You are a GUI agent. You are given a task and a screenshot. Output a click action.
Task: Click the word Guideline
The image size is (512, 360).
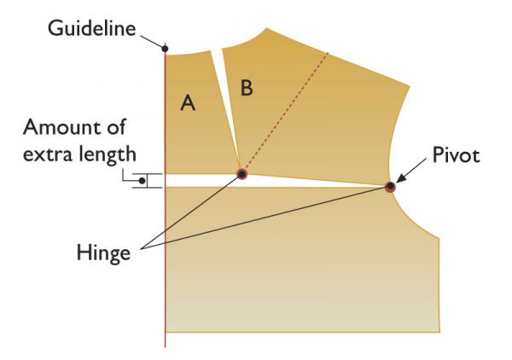coord(92,28)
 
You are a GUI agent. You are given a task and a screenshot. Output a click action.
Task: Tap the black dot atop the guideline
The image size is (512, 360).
coord(165,49)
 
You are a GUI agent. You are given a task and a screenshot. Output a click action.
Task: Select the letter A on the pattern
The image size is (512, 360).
coord(188,102)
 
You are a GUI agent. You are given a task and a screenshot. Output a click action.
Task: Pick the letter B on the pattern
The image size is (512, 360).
coord(247,88)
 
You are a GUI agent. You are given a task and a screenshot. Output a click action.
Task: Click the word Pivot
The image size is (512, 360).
coord(456,155)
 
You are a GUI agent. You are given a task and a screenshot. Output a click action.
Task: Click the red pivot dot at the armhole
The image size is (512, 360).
coord(390,187)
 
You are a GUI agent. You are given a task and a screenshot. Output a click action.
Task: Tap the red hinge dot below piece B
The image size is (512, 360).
coord(241,174)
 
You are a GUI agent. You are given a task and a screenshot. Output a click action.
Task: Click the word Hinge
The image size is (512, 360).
coord(103,253)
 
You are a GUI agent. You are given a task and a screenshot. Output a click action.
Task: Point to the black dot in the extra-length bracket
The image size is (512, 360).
coord(142,181)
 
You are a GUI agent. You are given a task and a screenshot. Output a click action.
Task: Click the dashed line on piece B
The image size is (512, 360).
coord(285,111)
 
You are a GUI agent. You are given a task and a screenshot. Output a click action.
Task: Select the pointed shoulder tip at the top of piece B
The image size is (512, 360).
coord(267,28)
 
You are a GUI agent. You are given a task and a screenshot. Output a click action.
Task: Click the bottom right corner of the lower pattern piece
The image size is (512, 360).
coord(439,332)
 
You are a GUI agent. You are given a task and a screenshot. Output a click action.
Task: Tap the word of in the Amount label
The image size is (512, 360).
coord(116,126)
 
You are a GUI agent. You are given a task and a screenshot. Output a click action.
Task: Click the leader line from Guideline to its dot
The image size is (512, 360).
coord(151,42)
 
